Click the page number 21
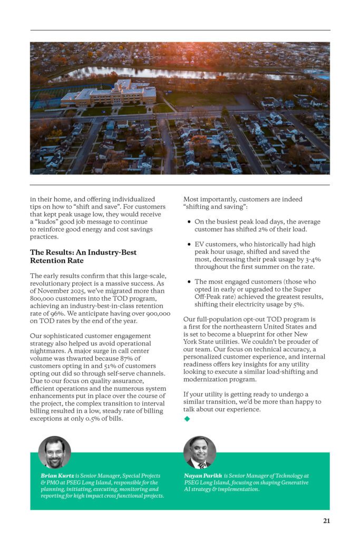click(x=326, y=521)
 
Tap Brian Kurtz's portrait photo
click(x=54, y=452)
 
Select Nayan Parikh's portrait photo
click(x=200, y=452)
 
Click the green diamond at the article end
click(x=187, y=419)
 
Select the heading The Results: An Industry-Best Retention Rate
click(x=83, y=256)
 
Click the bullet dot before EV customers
click(x=189, y=245)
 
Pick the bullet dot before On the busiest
click(x=189, y=222)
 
